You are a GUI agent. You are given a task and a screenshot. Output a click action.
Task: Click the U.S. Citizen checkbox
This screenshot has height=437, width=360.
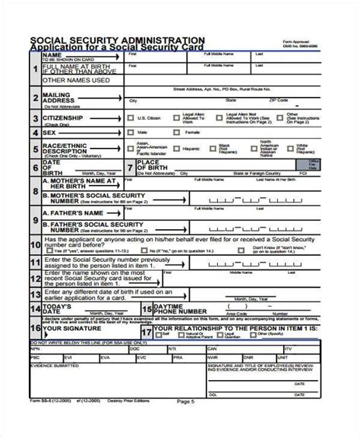(131, 118)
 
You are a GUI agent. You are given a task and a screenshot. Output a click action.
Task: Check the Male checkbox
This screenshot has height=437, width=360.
(131, 132)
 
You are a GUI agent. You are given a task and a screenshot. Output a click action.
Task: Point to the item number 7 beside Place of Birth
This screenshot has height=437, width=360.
(130, 167)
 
